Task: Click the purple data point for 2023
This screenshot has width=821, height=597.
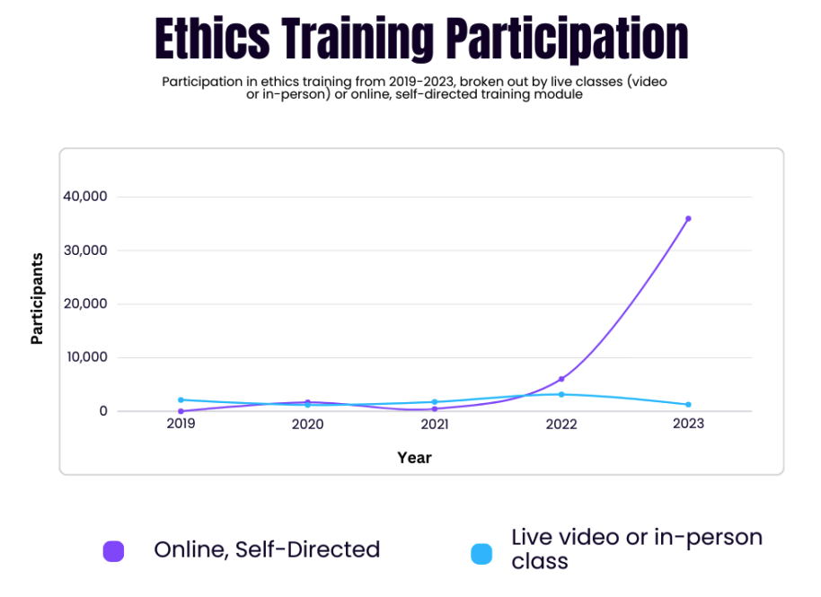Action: [x=688, y=218]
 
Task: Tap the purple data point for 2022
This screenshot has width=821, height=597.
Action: [x=561, y=379]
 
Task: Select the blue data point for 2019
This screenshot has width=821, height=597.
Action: [x=181, y=399]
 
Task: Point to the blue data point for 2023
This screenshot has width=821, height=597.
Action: [x=688, y=405]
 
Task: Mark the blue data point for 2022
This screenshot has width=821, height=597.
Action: [x=561, y=394]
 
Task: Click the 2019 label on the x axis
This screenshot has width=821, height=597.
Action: [x=181, y=423]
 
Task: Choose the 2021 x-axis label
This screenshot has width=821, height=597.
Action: [x=434, y=424]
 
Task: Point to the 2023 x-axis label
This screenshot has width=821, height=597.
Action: [x=688, y=424]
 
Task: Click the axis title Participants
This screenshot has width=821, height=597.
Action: [x=38, y=299]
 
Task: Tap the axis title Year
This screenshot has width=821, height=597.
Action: [x=415, y=458]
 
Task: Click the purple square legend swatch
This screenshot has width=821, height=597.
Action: [x=113, y=550]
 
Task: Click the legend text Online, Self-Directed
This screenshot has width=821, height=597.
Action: [x=267, y=549]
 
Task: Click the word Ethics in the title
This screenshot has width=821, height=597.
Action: [x=211, y=38]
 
